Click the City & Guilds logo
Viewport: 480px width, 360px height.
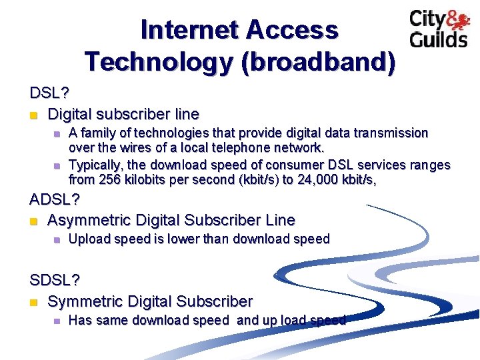[438, 29]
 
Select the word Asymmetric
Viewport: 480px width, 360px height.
[90, 220]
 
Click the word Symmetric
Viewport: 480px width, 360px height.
[83, 302]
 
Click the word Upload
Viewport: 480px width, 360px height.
[89, 239]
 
